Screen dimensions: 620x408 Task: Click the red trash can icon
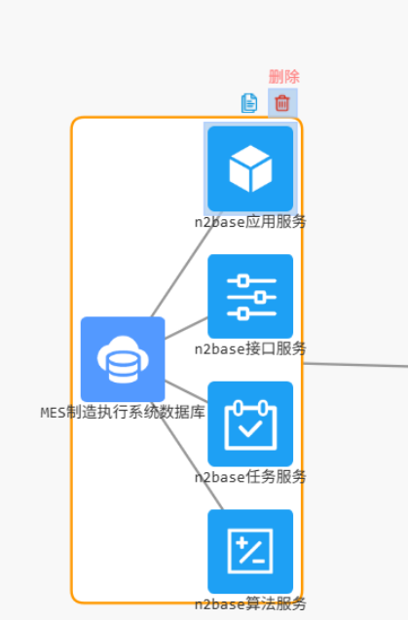click(x=282, y=102)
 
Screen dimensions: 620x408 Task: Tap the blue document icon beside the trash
click(x=249, y=102)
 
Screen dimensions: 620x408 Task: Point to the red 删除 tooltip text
click(x=283, y=77)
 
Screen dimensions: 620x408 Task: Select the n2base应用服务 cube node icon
click(x=250, y=168)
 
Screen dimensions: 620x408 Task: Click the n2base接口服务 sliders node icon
click(x=250, y=296)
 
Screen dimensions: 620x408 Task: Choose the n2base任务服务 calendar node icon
click(x=250, y=423)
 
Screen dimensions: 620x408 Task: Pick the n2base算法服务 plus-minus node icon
click(x=250, y=551)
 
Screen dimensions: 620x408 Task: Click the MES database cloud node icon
click(x=123, y=359)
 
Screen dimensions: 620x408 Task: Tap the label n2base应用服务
click(x=250, y=222)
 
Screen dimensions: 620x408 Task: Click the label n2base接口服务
click(x=250, y=348)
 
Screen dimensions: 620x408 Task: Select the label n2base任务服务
click(x=250, y=477)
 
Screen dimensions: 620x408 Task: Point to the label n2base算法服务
click(x=250, y=603)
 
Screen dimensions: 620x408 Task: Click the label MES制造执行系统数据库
click(x=123, y=412)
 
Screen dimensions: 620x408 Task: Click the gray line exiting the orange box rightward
click(x=355, y=365)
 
